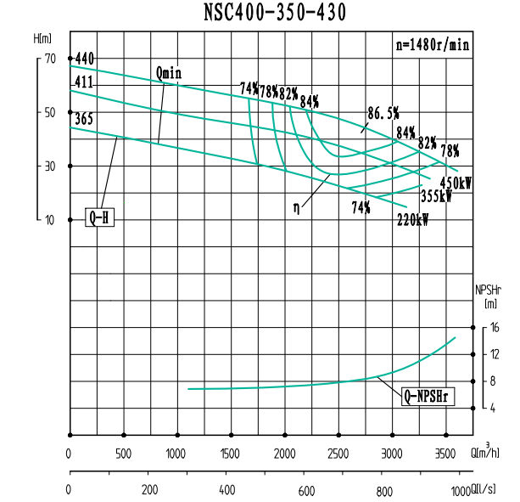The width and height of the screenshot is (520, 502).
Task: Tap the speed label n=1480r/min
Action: (433, 44)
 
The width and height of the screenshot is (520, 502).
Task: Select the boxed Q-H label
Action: (99, 217)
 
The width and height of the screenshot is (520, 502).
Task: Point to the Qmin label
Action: (169, 73)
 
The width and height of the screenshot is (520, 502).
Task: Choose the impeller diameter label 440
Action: (85, 59)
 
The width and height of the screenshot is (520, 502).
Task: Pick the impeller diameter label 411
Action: (84, 82)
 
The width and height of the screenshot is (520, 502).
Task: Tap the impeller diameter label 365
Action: (84, 119)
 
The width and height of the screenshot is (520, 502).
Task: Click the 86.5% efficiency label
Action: (383, 112)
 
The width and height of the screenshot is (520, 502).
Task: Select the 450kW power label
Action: (456, 183)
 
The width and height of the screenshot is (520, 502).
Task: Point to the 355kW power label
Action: (436, 196)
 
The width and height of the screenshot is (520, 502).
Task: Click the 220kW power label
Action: (412, 220)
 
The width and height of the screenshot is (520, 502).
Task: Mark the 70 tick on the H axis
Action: (49, 59)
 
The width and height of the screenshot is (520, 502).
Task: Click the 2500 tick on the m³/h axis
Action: (338, 454)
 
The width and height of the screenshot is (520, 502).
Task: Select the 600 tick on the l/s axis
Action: (306, 490)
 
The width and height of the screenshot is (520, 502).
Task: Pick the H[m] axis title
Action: (43, 39)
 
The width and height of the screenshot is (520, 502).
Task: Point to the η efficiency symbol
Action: (297, 206)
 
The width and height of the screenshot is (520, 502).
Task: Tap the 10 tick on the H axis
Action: (49, 220)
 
